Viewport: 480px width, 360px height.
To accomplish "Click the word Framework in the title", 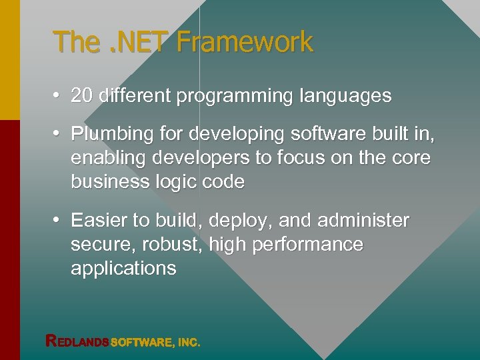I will click(245, 42).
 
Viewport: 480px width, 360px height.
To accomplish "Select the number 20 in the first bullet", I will click(81, 96).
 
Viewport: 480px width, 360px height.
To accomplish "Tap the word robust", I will click(173, 244).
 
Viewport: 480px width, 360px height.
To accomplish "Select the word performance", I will click(306, 245).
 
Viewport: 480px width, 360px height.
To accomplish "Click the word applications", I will click(123, 269).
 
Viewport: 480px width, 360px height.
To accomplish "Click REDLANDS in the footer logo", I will click(77, 342).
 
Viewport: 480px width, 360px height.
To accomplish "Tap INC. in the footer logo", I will click(189, 343).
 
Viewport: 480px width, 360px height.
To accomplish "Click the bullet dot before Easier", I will click(59, 220).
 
